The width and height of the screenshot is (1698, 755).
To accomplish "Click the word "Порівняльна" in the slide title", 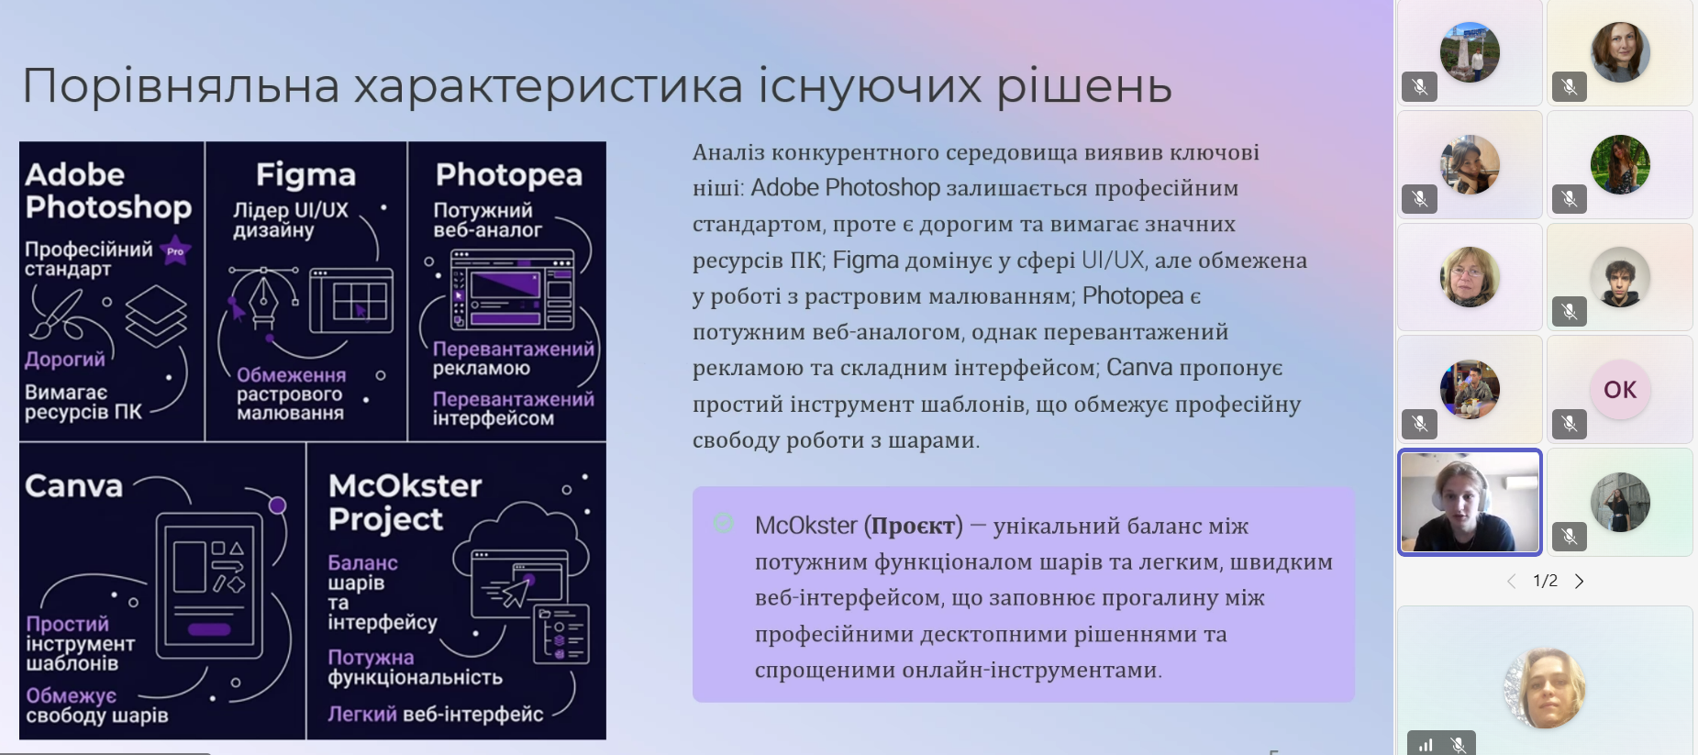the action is point(181,87).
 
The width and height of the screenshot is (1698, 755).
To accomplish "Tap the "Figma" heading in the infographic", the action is point(305,175).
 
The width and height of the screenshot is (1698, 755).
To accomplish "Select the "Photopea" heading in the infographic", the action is point(509,175).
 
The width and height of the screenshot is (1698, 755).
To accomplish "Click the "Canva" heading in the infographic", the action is point(73,485).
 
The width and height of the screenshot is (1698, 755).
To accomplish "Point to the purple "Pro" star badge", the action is point(175,250).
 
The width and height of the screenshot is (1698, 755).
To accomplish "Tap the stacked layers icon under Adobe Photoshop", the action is point(156,314).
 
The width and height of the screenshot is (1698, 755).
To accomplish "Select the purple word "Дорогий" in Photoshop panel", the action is point(65,359).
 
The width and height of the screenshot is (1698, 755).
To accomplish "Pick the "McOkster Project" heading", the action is point(405,502).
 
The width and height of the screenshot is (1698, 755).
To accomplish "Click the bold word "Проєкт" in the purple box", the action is point(913,526).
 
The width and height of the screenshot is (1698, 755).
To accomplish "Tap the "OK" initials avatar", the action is point(1620,390).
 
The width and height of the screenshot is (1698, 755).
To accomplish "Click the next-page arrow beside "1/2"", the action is point(1579,581).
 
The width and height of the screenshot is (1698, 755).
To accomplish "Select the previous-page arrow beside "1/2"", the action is point(1512,581).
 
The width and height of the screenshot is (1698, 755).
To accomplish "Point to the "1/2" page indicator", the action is point(1546,581).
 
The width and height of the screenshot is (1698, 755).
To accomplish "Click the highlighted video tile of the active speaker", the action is point(1470,502).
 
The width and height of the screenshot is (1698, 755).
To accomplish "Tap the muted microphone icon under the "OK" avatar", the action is point(1570,424).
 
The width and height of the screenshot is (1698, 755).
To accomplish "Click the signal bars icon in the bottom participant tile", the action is point(1426,745).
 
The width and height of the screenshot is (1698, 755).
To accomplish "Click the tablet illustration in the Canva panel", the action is point(209,585).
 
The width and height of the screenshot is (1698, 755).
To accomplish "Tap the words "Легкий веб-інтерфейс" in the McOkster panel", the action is point(436,714).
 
